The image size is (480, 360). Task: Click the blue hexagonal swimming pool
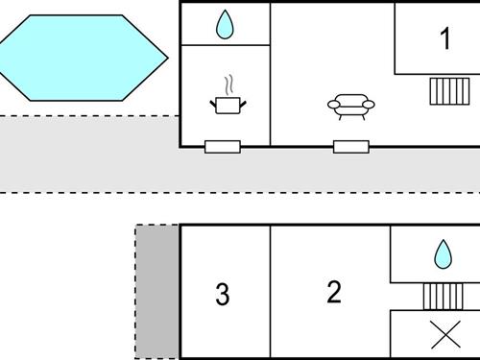[x=81, y=57]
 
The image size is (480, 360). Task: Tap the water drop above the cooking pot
[x=225, y=25]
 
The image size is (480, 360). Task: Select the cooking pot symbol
[x=228, y=104]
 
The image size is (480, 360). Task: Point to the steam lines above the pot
[x=228, y=84]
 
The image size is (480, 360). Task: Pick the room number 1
[x=444, y=39]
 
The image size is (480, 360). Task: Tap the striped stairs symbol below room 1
[x=447, y=91]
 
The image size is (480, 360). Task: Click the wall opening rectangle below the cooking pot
[x=223, y=147]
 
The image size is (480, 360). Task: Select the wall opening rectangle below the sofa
[x=351, y=147]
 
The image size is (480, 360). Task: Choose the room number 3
[x=223, y=295]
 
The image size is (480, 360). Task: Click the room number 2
[x=333, y=292]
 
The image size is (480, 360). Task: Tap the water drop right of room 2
[x=443, y=253]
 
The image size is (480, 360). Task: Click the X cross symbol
[x=444, y=334]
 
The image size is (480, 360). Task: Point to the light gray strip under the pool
[x=86, y=154]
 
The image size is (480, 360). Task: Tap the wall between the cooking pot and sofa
[x=271, y=96]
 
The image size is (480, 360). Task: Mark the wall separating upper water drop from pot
[x=225, y=45]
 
